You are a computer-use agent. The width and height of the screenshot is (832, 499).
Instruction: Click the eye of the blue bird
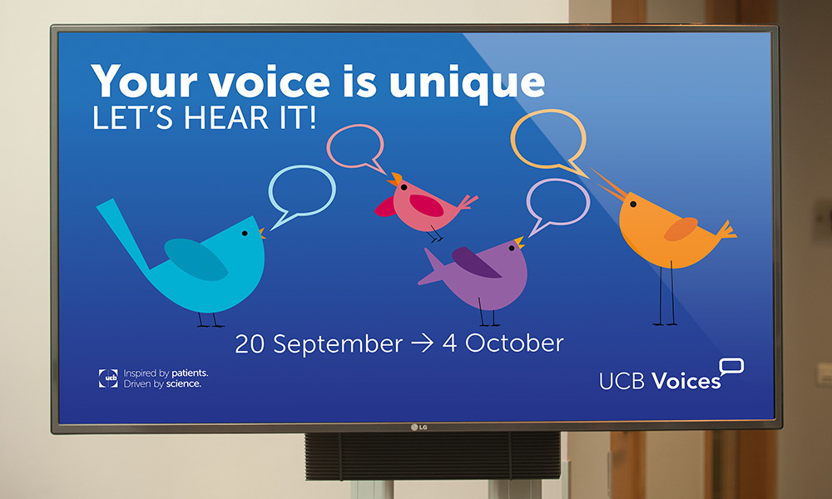[245, 234]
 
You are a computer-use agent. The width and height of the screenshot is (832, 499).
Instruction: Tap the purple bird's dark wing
[475, 262]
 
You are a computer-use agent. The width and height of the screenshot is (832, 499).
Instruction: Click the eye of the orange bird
[633, 204]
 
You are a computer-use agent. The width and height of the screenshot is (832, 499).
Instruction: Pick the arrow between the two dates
[423, 343]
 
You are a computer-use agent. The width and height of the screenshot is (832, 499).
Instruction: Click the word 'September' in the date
[338, 344]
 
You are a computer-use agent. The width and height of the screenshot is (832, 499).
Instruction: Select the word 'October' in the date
[514, 343]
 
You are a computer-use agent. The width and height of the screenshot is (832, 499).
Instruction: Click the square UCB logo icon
[108, 378]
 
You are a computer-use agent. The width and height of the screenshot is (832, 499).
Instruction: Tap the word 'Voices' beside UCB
[686, 381]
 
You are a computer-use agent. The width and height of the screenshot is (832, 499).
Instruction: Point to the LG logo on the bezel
[419, 427]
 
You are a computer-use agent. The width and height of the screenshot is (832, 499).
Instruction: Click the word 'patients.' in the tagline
[190, 373]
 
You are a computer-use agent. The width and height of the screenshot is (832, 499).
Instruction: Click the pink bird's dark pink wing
[426, 205]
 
